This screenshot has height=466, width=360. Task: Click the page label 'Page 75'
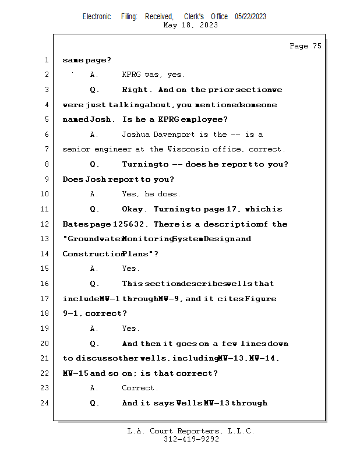[305, 46]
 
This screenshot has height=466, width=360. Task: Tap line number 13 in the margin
[45, 239]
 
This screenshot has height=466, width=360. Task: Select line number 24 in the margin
[45, 403]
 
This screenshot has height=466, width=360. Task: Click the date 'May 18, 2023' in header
[190, 25]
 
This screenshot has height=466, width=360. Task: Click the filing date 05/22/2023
[250, 16]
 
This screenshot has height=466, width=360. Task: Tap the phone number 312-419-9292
[191, 439]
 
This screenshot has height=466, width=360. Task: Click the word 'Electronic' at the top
[97, 16]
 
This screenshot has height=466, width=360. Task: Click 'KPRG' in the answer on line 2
[132, 75]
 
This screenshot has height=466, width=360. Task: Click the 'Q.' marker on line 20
[95, 344]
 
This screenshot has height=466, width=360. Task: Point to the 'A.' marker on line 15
[94, 269]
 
